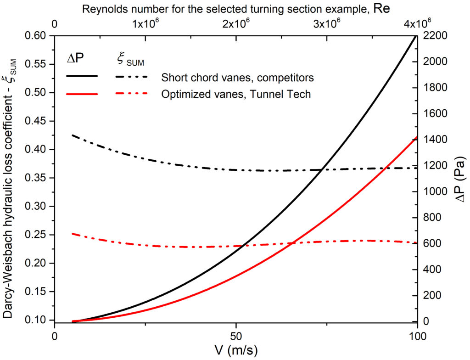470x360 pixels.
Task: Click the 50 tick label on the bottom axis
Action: point(236,335)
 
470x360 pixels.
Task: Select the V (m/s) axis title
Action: point(236,350)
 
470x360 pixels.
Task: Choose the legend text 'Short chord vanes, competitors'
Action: point(237,77)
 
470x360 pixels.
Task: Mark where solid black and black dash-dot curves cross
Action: point(325,169)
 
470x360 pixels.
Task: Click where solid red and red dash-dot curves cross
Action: point(292,242)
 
